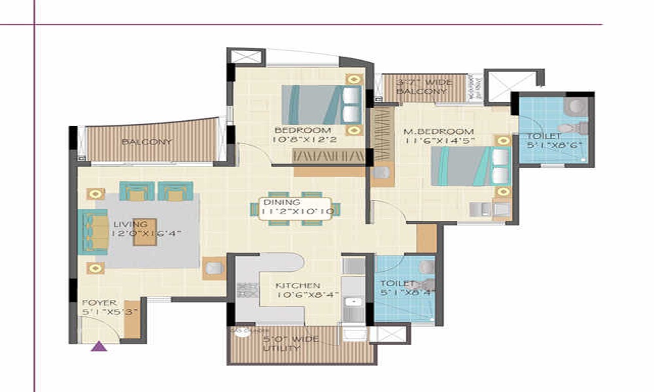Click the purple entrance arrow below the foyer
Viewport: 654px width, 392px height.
(x=99, y=346)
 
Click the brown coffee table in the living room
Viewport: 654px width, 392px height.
(x=145, y=232)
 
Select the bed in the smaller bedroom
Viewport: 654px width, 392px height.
(x=321, y=105)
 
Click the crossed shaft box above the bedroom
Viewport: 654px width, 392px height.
(x=246, y=56)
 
